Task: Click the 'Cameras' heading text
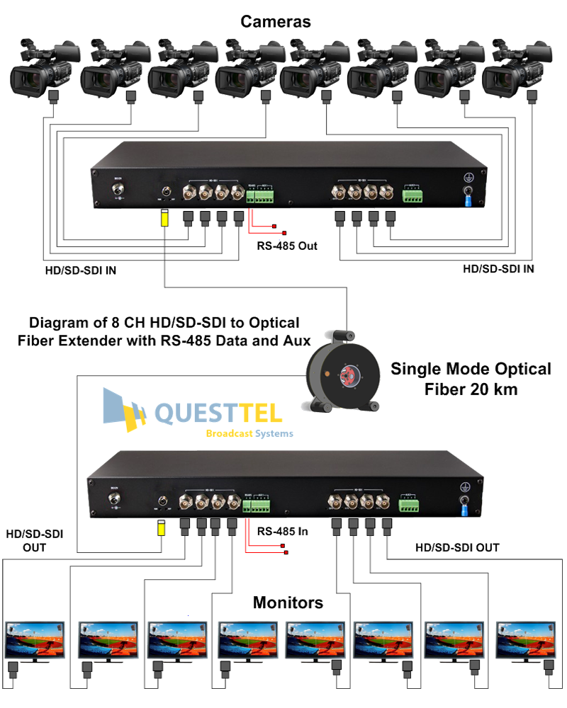tap(275, 22)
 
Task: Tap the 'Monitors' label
tap(288, 603)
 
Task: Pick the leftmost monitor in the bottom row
tap(35, 638)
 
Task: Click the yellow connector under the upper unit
tap(164, 217)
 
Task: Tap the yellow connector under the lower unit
tap(162, 528)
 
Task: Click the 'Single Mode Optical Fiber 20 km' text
tap(469, 379)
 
